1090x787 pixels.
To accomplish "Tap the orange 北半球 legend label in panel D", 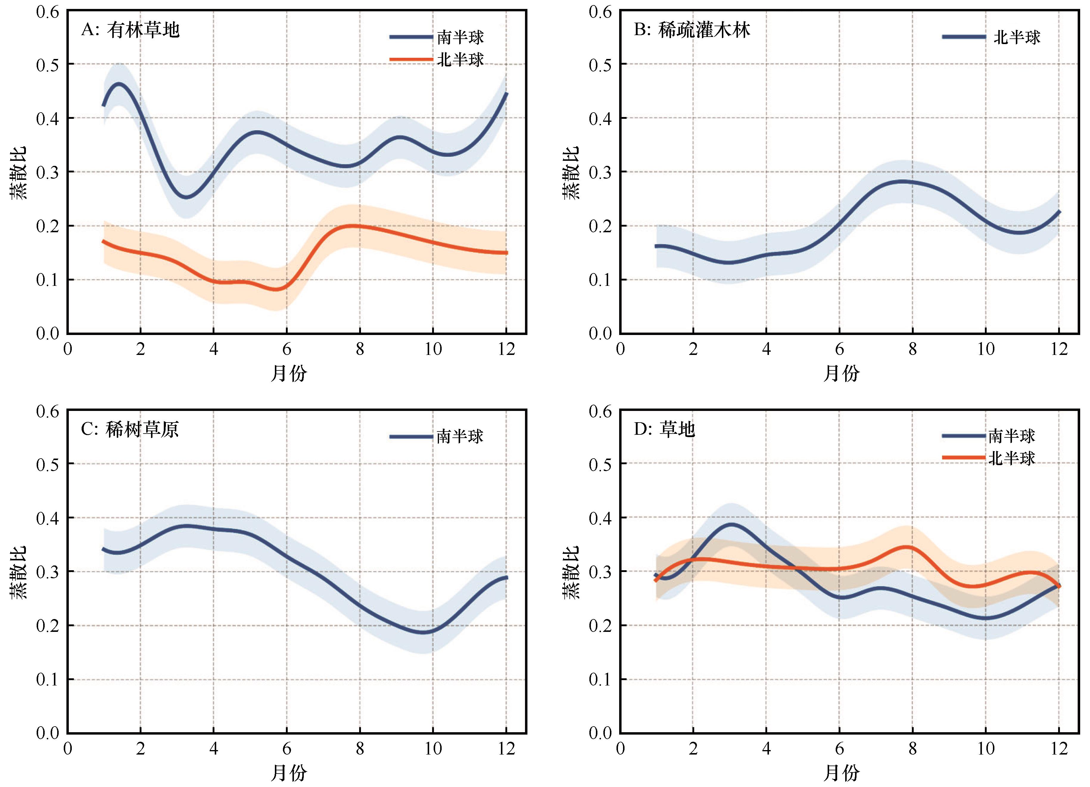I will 1012,458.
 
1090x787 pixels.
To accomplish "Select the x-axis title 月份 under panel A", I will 288,373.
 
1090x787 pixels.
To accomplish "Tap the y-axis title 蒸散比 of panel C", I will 18,572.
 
